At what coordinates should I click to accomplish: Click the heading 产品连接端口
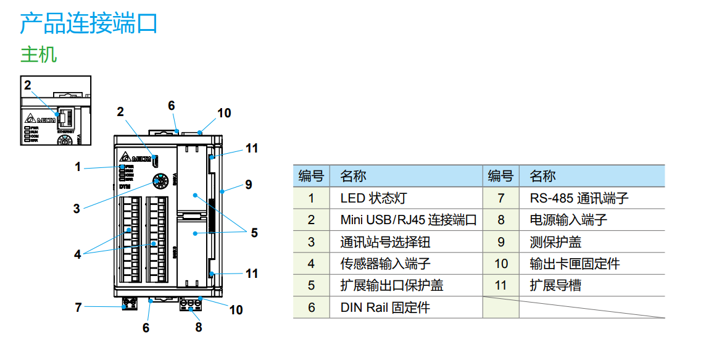pos(89,23)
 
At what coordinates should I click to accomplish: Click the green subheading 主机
pos(38,54)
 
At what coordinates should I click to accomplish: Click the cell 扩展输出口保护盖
pos(391,285)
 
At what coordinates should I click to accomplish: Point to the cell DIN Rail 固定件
pos(385,308)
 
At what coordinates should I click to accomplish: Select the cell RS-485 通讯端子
pos(579,198)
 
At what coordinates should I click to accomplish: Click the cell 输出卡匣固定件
pos(574,264)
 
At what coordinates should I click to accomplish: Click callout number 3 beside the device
pos(77,209)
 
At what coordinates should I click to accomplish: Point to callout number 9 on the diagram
pos(248,184)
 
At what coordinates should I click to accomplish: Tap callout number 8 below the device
pos(199,327)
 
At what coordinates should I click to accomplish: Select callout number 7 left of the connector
pos(78,307)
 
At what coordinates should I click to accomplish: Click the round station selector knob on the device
pos(160,182)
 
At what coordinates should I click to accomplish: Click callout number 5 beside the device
pos(254,233)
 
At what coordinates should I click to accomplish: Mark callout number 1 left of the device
pos(78,166)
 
